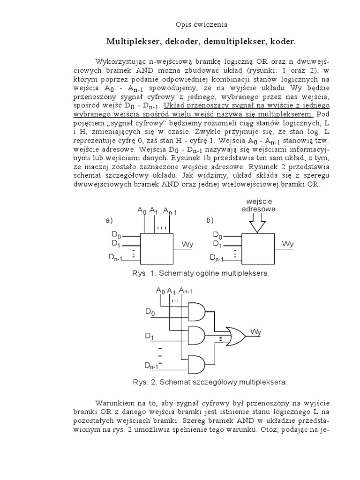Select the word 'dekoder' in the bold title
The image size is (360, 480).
[x=179, y=42]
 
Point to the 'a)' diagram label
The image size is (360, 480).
[x=109, y=219]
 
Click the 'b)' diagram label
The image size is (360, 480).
[x=210, y=219]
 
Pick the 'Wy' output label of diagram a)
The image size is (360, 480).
[x=187, y=244]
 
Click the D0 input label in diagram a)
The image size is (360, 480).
[x=116, y=234]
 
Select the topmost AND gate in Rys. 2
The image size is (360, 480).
[x=196, y=311]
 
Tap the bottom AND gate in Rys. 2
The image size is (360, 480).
[x=196, y=364]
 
